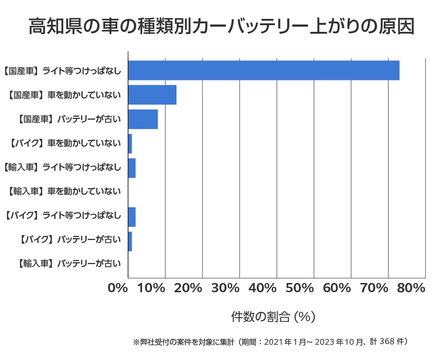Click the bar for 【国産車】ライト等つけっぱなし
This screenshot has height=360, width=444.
click(x=263, y=70)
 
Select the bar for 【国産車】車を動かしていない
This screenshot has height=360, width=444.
click(x=152, y=95)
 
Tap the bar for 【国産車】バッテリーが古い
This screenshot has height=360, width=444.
click(x=143, y=119)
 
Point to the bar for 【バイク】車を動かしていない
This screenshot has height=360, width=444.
click(x=130, y=144)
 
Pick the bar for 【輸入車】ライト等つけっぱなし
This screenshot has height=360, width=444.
click(x=132, y=168)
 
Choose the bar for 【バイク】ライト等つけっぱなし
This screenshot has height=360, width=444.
click(x=132, y=217)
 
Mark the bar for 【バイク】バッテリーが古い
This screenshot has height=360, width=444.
click(x=130, y=241)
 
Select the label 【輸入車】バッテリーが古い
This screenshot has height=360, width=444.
click(x=69, y=264)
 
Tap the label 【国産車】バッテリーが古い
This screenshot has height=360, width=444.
click(x=69, y=119)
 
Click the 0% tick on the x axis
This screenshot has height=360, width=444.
click(x=117, y=288)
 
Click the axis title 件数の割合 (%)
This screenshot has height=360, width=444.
click(x=273, y=317)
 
